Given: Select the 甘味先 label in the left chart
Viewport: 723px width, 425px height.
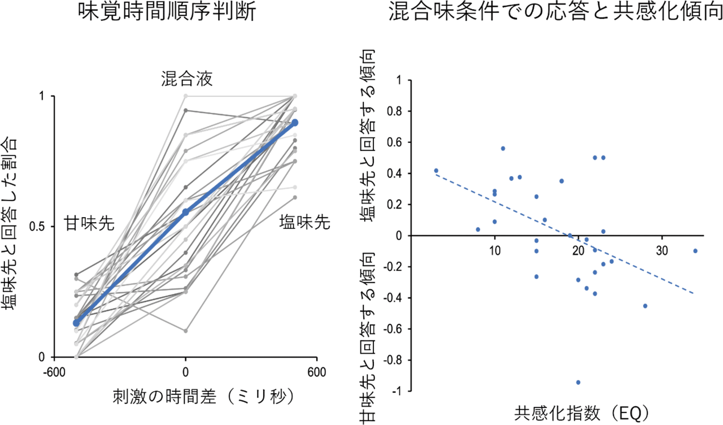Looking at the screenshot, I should coord(89,224).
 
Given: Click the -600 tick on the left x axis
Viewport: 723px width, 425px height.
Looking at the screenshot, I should coord(54,373).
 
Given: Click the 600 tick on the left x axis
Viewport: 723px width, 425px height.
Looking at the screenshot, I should coord(316,373).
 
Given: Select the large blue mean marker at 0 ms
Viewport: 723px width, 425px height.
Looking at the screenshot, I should coord(185,212).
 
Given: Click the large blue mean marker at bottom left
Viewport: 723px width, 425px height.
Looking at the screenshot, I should coord(76,323).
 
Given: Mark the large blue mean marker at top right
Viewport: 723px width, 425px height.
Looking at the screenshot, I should coord(295,123).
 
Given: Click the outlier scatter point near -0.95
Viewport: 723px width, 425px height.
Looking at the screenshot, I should coord(578,383).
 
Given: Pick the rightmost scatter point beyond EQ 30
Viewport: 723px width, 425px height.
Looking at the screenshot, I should coord(695,251).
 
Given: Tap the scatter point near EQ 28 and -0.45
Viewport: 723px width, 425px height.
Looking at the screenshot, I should coord(645,306).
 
